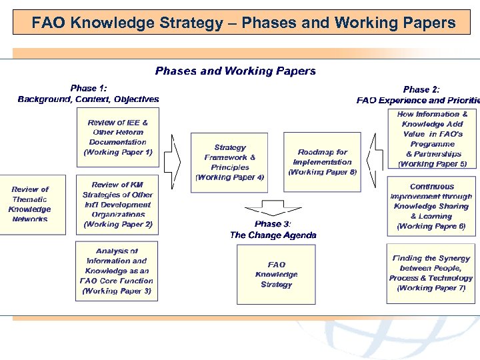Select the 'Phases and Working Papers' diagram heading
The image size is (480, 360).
(235, 71)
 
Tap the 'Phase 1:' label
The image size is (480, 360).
(89, 88)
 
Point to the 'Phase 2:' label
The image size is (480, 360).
(421, 89)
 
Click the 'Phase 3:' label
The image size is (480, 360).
(273, 224)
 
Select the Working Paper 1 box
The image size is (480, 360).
(118, 137)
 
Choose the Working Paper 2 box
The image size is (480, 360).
(118, 205)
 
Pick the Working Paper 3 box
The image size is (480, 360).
(117, 271)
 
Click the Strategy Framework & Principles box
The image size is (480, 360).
(230, 162)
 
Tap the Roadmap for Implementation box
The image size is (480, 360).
(323, 162)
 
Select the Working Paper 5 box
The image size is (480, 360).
(432, 139)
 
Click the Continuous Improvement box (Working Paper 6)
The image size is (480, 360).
(432, 206)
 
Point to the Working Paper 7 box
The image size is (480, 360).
(432, 273)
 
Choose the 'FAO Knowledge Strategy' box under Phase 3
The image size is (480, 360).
(276, 275)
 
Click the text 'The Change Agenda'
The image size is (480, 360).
(273, 235)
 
